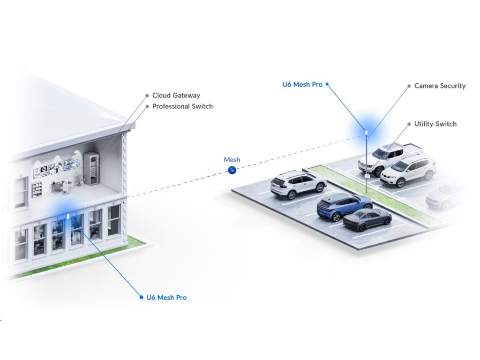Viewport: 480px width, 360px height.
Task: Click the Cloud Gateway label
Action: pyautogui.click(x=176, y=96)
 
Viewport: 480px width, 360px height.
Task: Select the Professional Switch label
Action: pyautogui.click(x=182, y=106)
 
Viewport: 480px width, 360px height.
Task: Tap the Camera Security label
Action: pyautogui.click(x=440, y=86)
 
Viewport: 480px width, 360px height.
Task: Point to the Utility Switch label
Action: pyautogui.click(x=435, y=124)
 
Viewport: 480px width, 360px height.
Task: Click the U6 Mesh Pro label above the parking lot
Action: pyautogui.click(x=302, y=84)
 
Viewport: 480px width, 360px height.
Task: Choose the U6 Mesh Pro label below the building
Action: pyautogui.click(x=166, y=297)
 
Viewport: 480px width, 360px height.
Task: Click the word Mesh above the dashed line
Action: pyautogui.click(x=232, y=160)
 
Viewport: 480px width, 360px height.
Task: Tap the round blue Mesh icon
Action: pyautogui.click(x=232, y=170)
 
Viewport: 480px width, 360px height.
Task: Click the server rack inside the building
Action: pyautogui.click(x=91, y=168)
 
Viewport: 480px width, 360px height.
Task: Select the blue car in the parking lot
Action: pyautogui.click(x=344, y=206)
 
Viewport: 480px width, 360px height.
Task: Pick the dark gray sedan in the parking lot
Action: pyautogui.click(x=367, y=219)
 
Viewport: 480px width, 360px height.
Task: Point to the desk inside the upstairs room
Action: pyautogui.click(x=60, y=186)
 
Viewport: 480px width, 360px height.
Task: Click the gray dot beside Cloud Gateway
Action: pyautogui.click(x=147, y=96)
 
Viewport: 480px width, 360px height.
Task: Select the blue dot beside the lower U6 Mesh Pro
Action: pyautogui.click(x=141, y=297)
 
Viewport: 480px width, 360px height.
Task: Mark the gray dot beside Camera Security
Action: pyautogui.click(x=409, y=86)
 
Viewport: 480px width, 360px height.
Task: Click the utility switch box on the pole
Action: pyautogui.click(x=367, y=176)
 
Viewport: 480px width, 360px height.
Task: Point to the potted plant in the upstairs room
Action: pyautogui.click(x=78, y=179)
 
